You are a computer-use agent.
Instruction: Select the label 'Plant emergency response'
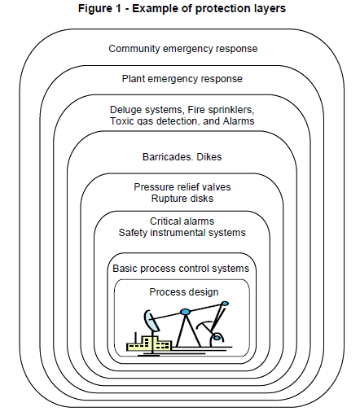(182, 79)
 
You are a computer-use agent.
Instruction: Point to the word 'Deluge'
(125, 110)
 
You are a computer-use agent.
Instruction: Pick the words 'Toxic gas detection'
(153, 121)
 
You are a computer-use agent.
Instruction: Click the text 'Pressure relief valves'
(182, 187)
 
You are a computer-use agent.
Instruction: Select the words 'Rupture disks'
(182, 199)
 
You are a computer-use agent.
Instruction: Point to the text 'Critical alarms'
(182, 221)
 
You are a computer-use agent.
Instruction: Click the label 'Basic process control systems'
(181, 269)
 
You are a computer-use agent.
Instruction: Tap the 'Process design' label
(184, 292)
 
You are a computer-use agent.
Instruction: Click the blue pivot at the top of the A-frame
(185, 312)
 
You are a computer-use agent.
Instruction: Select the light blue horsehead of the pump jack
(150, 321)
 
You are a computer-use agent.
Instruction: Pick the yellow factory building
(149, 344)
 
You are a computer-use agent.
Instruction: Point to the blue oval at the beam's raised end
(225, 304)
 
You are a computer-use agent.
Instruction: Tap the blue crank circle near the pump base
(217, 338)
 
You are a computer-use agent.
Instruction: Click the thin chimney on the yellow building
(135, 338)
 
